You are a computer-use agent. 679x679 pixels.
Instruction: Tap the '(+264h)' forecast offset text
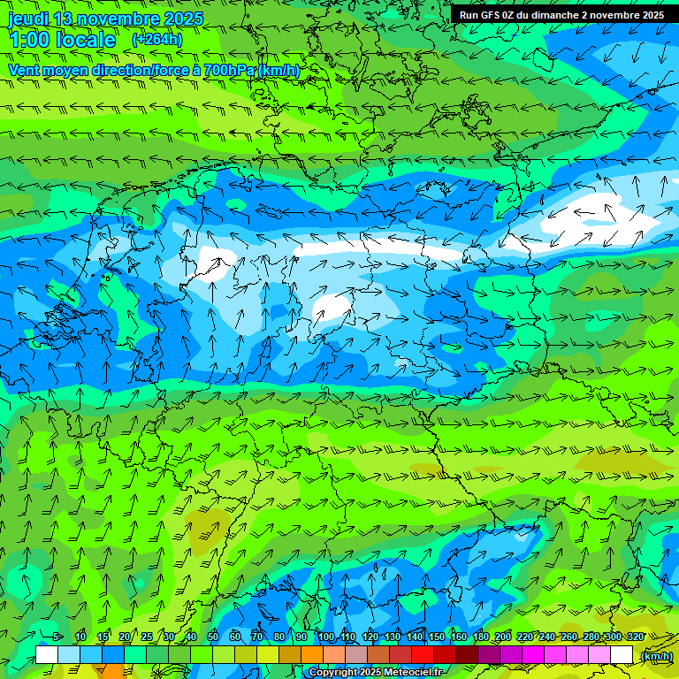tap(156, 40)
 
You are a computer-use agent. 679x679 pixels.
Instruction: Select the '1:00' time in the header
tap(29, 41)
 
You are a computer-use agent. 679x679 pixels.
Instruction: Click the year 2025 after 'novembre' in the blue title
tap(183, 19)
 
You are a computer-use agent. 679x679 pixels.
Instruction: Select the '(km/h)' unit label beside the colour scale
tap(656, 656)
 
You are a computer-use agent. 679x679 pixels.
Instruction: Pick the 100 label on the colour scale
tap(326, 637)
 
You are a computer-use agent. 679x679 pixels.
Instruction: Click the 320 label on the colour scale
tap(636, 637)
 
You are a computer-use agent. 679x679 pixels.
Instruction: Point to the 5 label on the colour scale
tap(57, 637)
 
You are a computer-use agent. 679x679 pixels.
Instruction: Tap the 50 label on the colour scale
tap(213, 637)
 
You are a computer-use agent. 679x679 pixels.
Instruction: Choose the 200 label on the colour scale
tap(503, 637)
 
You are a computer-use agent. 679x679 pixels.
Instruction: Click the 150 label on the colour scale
tap(437, 637)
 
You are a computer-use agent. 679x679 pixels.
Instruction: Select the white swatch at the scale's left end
tap(47, 655)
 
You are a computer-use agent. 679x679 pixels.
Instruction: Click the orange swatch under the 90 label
tap(312, 655)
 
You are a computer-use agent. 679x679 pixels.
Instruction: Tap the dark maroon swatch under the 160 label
tap(467, 655)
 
